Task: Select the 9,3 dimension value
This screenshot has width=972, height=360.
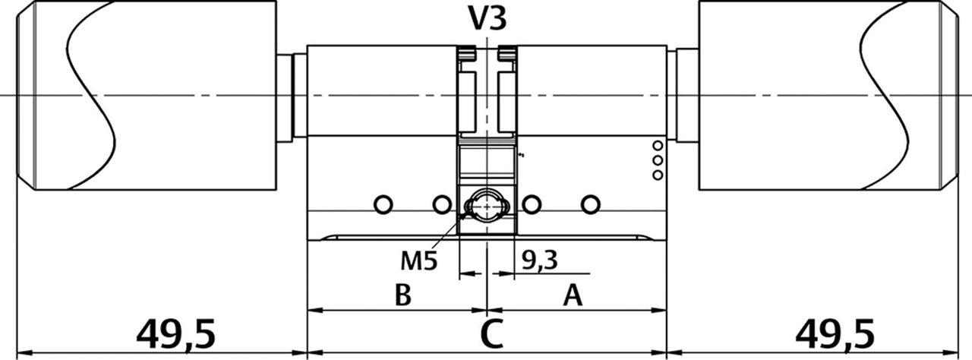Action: [540, 261]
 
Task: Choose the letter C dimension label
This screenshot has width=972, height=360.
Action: [492, 334]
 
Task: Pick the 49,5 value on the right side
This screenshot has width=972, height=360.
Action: [835, 333]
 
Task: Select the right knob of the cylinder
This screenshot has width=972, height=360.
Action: [828, 95]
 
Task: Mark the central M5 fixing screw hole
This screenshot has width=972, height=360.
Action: [486, 205]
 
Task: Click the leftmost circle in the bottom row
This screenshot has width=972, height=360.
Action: [383, 204]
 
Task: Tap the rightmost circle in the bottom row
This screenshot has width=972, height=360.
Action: [590, 204]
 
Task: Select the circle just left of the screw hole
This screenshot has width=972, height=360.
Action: [441, 204]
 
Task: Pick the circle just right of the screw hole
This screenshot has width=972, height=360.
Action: [532, 204]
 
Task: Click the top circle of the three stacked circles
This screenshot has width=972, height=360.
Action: [658, 145]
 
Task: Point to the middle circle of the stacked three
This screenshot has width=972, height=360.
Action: [658, 160]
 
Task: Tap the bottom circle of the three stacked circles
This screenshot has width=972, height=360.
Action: [658, 175]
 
